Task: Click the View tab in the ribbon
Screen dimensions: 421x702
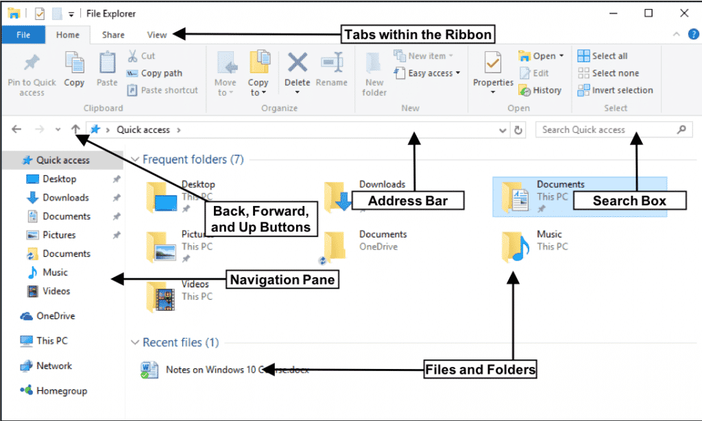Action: [157, 35]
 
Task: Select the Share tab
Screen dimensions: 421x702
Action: [113, 35]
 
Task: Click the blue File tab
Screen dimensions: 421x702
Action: [23, 35]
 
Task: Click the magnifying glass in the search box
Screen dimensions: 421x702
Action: [681, 129]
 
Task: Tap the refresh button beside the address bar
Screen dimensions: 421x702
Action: [518, 129]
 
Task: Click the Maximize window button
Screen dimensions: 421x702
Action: [649, 13]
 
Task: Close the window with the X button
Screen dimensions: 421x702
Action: [683, 13]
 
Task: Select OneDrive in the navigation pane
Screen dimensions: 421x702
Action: [56, 316]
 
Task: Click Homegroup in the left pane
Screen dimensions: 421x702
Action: [62, 391]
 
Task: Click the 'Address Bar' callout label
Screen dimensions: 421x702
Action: [408, 201]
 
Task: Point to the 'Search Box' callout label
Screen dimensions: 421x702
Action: [629, 201]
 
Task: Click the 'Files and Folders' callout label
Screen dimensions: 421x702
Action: [480, 370]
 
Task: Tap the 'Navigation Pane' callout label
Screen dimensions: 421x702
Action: [282, 279]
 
